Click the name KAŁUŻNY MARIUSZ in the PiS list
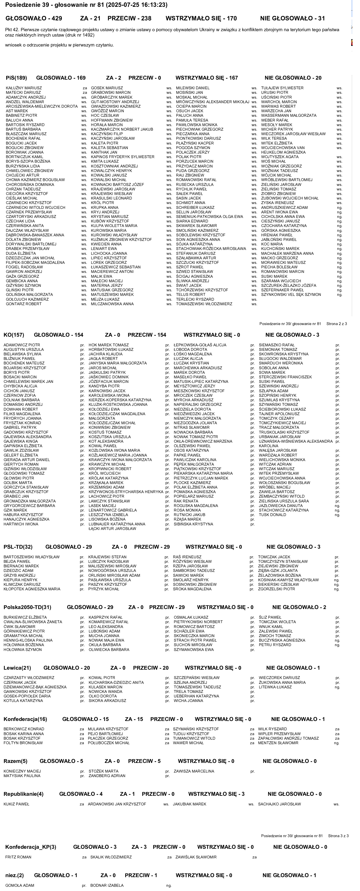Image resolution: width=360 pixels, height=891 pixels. point(24,88)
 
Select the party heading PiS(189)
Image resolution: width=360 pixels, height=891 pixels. point(16,78)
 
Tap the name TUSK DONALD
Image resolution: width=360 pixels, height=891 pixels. point(272,515)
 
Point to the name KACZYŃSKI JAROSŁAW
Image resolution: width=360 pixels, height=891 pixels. point(108,138)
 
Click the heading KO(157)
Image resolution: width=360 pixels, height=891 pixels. point(14,335)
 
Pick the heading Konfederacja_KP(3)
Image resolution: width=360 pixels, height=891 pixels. point(30,847)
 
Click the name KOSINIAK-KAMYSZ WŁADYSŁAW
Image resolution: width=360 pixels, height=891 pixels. point(288,580)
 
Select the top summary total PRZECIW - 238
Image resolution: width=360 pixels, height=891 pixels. point(129,18)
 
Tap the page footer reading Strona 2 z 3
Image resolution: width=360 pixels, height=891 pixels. point(336,324)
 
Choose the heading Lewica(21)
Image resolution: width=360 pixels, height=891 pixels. point(17,668)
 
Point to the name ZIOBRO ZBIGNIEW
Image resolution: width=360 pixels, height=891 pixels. point(278,194)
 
